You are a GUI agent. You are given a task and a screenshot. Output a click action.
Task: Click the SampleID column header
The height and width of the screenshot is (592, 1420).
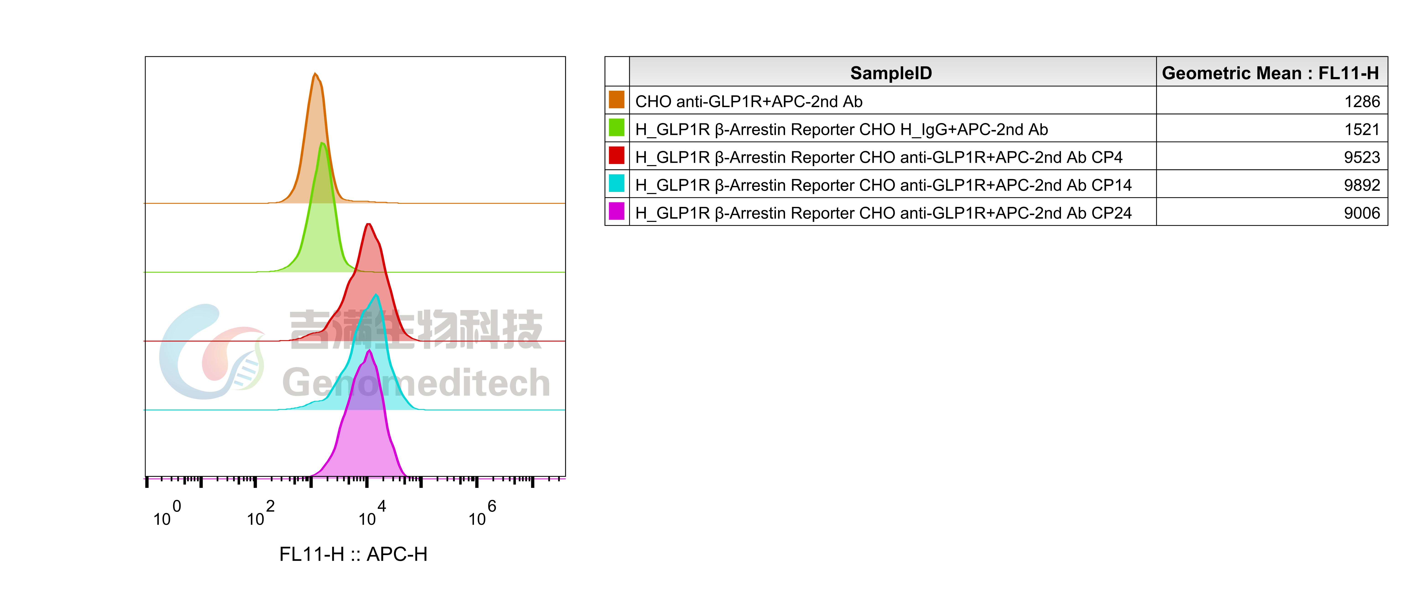pyautogui.click(x=891, y=73)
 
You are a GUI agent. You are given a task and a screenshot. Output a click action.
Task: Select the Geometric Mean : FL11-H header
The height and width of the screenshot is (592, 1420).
pyautogui.click(x=1270, y=73)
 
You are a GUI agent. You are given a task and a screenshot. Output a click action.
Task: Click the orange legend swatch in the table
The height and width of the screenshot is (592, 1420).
pyautogui.click(x=616, y=100)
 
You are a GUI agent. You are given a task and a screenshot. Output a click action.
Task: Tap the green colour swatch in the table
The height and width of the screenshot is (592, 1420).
pyautogui.click(x=616, y=128)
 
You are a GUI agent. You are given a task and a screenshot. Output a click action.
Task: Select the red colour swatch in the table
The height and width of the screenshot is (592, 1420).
pyautogui.click(x=616, y=155)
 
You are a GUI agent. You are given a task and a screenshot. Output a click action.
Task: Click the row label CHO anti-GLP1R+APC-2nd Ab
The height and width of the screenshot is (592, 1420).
pyautogui.click(x=749, y=101)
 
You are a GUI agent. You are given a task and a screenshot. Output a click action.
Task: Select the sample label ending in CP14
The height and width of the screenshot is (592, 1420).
pyautogui.click(x=883, y=185)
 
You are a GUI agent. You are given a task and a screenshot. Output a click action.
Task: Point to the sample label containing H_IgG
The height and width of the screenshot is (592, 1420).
pyautogui.click(x=841, y=129)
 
